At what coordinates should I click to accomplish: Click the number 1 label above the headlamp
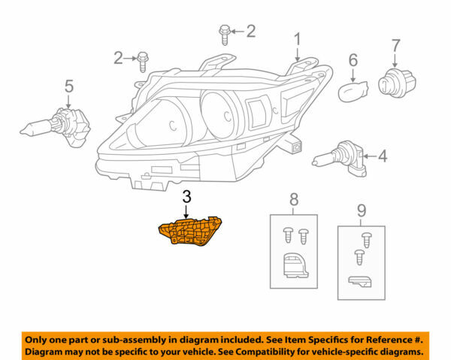(297, 38)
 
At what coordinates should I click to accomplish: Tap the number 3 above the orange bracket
(186, 198)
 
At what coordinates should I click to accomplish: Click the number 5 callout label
(69, 86)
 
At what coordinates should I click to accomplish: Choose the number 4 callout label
(383, 157)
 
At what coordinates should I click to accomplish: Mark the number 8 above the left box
(293, 199)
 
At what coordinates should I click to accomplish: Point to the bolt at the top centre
(225, 32)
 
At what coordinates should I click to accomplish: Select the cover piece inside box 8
(293, 266)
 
